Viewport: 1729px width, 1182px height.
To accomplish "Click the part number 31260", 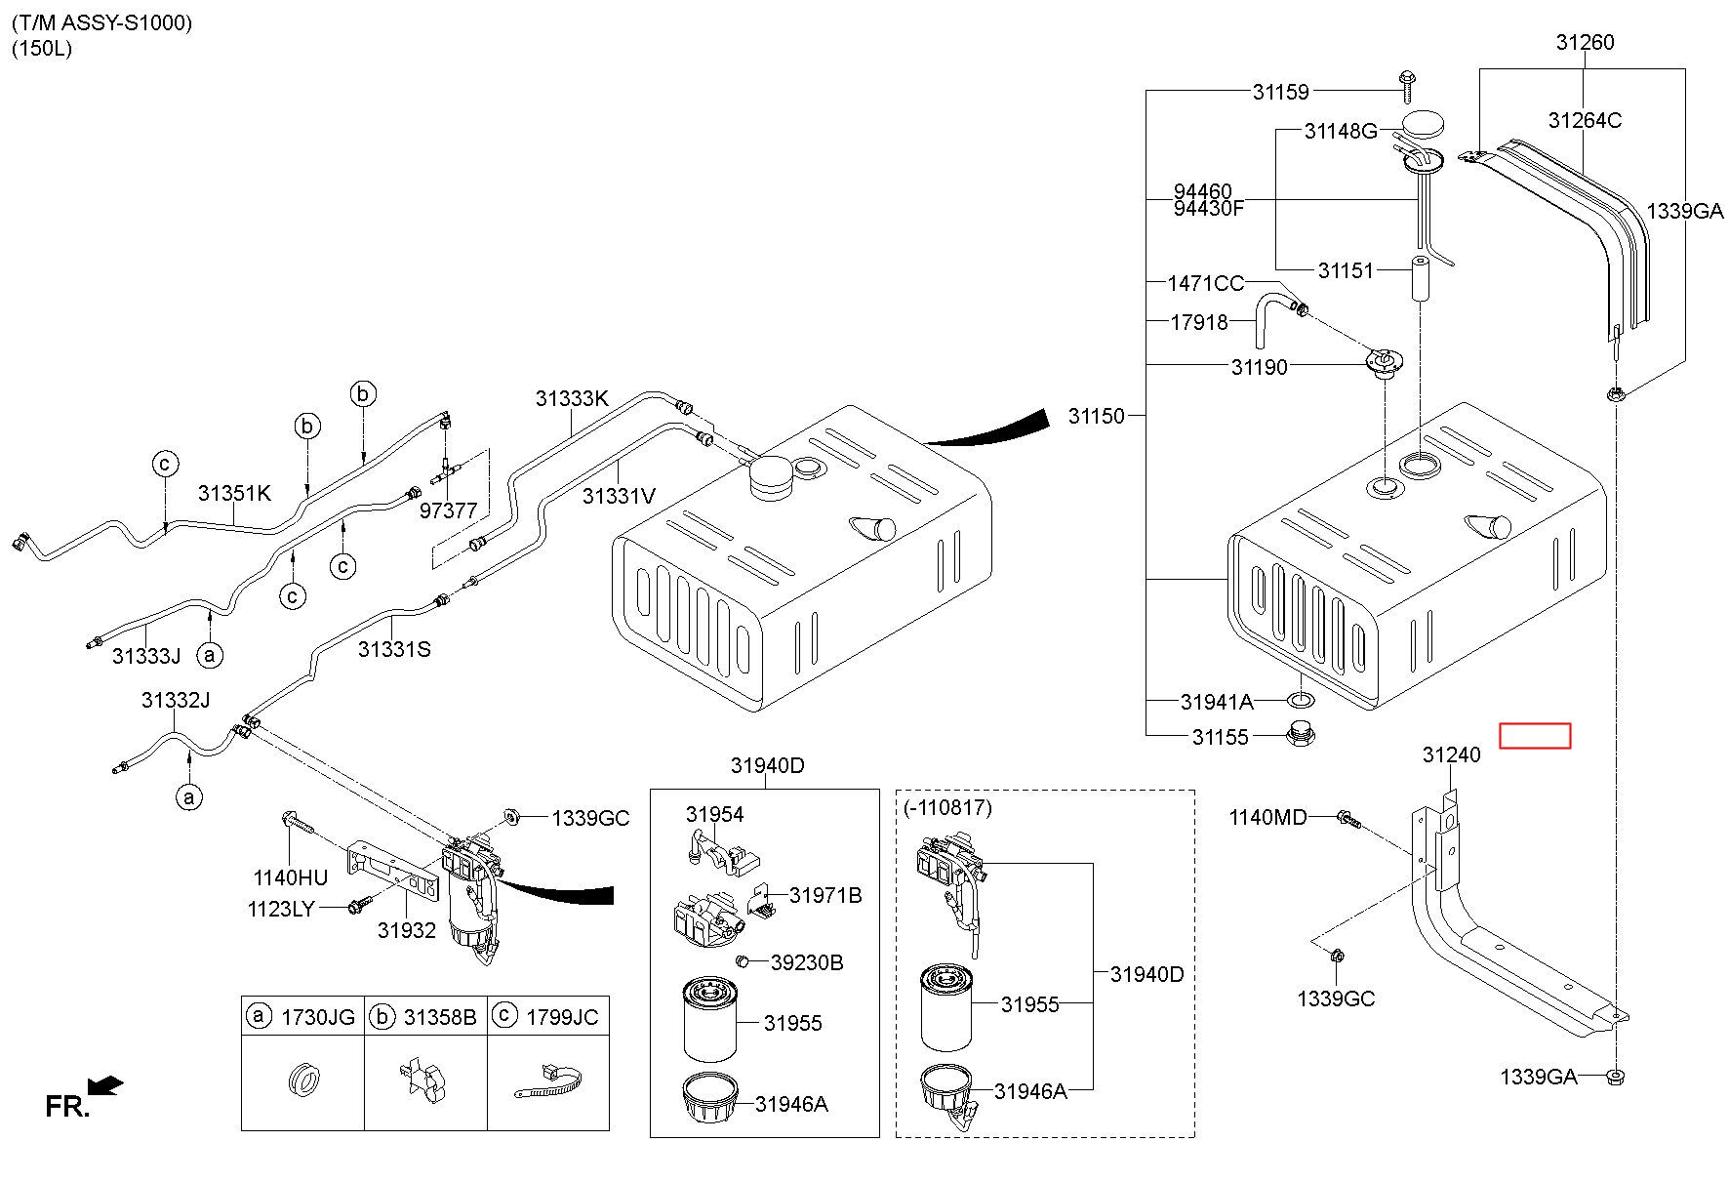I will [x=1585, y=42].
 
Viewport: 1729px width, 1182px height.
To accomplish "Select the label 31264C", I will [x=1585, y=120].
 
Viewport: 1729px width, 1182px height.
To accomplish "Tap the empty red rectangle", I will [x=1535, y=736].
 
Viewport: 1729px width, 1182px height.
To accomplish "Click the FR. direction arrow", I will [x=104, y=1085].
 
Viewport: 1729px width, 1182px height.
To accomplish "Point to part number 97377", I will [x=448, y=510].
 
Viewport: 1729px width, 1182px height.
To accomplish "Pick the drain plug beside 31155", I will [x=1299, y=734].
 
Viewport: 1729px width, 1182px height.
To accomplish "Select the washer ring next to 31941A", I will [x=1300, y=700].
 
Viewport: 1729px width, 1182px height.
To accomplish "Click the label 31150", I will [x=1096, y=416].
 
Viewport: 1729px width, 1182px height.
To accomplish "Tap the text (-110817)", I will [x=947, y=807].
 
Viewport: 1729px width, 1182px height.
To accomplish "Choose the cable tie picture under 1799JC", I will [x=548, y=1080].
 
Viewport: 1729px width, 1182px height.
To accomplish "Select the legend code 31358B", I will [x=439, y=1017].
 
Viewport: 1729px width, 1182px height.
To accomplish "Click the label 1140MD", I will [x=1267, y=817].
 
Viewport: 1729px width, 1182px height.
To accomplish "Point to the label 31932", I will [x=407, y=930].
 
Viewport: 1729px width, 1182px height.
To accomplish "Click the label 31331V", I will [x=619, y=496].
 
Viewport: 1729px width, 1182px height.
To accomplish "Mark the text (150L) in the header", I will [x=42, y=48].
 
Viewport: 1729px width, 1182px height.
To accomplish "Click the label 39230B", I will [x=806, y=962].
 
